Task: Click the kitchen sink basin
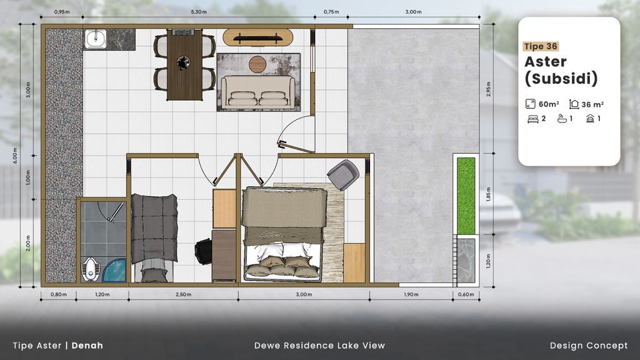(x=96, y=39)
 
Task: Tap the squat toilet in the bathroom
(x=90, y=270)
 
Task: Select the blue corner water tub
(x=115, y=270)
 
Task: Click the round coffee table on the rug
(x=257, y=64)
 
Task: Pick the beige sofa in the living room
(x=258, y=92)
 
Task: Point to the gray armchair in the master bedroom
(x=343, y=175)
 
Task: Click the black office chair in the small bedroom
(x=203, y=251)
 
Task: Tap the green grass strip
(x=466, y=196)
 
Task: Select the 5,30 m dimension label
(x=199, y=12)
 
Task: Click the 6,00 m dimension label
(x=15, y=156)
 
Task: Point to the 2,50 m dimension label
(x=183, y=294)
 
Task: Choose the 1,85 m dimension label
(x=489, y=194)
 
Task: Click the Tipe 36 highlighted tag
(x=541, y=46)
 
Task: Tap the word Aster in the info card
(x=545, y=62)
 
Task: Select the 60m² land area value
(x=549, y=104)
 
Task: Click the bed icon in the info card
(x=532, y=119)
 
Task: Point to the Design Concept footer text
(x=589, y=346)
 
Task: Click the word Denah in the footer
(x=87, y=346)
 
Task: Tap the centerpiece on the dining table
(x=183, y=63)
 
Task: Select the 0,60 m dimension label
(x=466, y=294)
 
